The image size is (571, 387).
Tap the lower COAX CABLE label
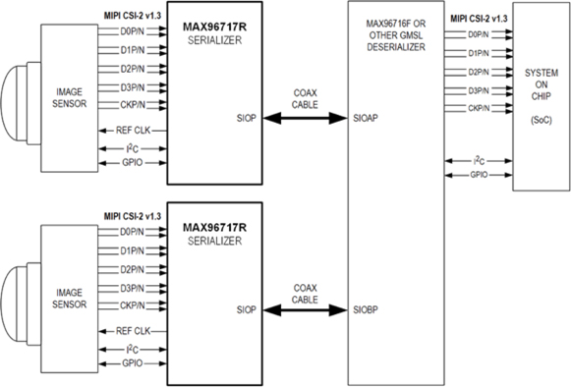click(x=305, y=293)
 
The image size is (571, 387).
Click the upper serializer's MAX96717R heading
click(x=215, y=22)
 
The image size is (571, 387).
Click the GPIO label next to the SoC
click(x=480, y=173)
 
